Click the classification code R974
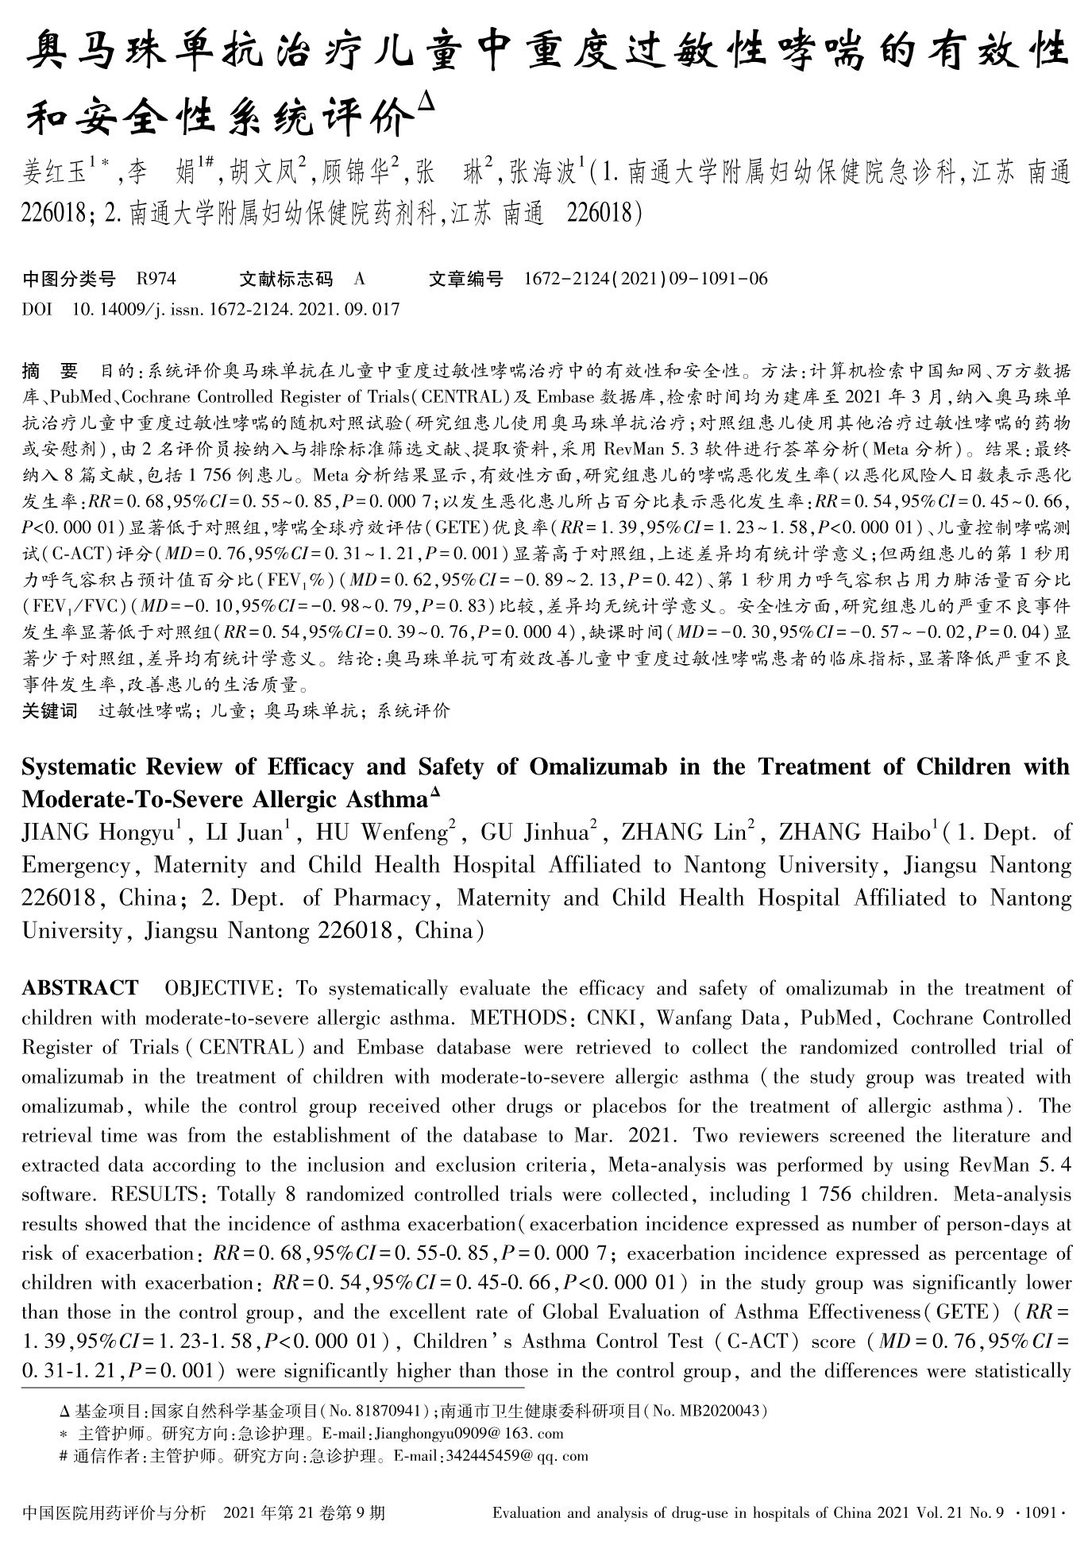(x=156, y=279)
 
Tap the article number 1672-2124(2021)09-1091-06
(x=646, y=279)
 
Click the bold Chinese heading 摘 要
(x=50, y=371)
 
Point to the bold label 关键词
(x=49, y=711)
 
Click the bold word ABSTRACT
(x=79, y=988)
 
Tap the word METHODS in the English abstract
(x=520, y=1018)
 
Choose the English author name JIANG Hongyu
(x=98, y=832)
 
